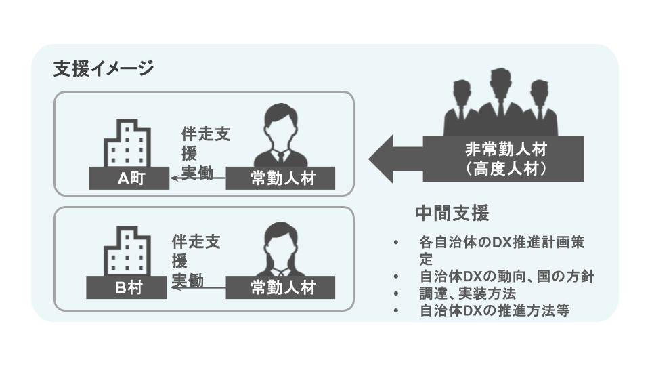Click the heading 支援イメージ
tap(104, 68)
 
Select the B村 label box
tap(127, 288)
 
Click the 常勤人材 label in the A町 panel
tap(281, 178)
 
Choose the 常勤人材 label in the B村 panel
tap(281, 288)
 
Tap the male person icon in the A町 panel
tap(278, 136)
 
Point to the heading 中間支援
tap(452, 213)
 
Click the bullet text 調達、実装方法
tap(468, 293)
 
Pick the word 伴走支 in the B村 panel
tap(196, 241)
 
